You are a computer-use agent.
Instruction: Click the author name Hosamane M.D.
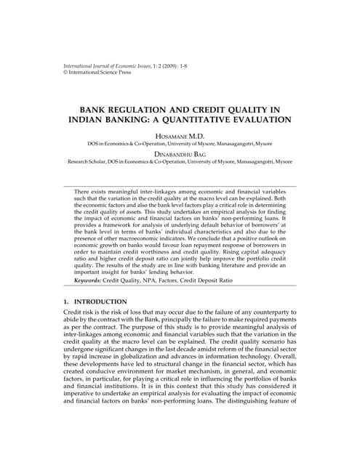click(180, 136)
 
